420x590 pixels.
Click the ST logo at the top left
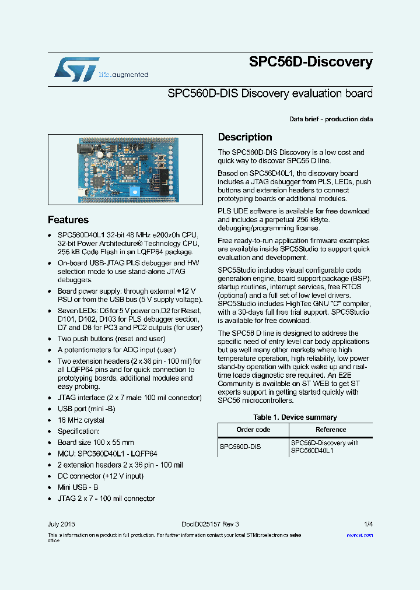tap(76, 69)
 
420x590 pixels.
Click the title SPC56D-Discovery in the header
tap(310, 62)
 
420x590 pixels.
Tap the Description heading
tap(245, 137)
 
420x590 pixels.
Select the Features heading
tap(68, 220)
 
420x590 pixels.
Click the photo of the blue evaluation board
tap(125, 169)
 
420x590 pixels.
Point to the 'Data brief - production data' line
tap(331, 119)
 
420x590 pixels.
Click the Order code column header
tap(253, 430)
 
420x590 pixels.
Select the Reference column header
tap(331, 430)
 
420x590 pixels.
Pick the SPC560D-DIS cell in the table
tap(240, 447)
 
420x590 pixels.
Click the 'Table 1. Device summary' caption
tap(295, 417)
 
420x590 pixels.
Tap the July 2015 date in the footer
tap(61, 524)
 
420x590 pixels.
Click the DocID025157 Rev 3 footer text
tap(210, 524)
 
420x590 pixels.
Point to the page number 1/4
tap(368, 524)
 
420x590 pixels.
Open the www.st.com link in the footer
tap(359, 535)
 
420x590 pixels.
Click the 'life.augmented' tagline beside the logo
tap(124, 75)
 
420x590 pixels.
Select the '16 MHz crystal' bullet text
tap(81, 420)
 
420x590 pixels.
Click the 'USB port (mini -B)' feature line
tap(86, 409)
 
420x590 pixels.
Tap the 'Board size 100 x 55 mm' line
tap(96, 442)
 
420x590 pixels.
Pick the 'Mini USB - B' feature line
tap(78, 487)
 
